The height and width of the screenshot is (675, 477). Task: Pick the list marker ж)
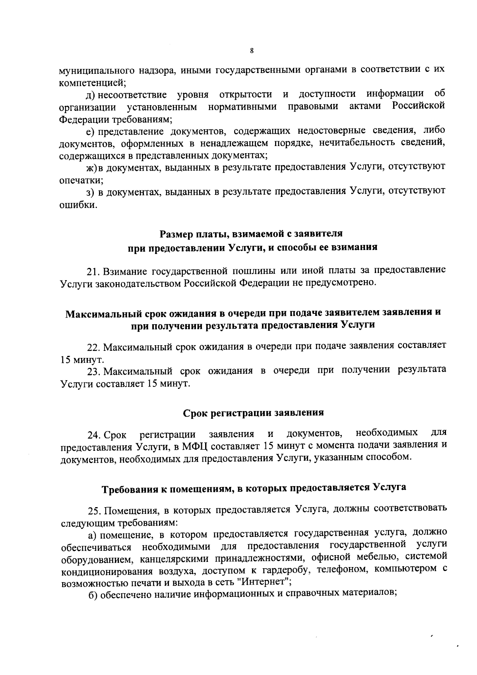pos(92,168)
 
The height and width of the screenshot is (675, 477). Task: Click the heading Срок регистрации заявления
pos(253,413)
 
